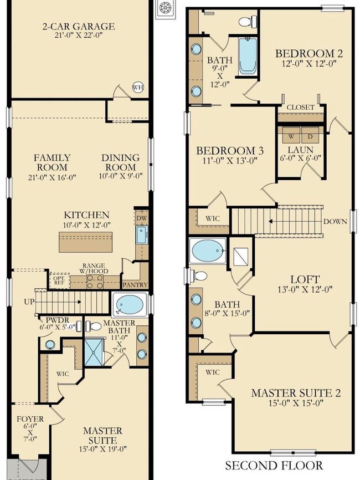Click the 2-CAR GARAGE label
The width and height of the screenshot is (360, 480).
coord(79,26)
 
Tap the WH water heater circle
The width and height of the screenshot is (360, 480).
coord(137,86)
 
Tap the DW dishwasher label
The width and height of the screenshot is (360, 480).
coord(141,218)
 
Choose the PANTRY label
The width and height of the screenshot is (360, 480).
coord(136,285)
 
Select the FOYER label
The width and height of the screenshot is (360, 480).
coord(27,419)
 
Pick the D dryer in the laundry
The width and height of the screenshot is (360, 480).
coord(310,135)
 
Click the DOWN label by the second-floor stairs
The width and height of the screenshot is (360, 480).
coord(336,221)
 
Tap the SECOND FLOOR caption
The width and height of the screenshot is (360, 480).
coord(273,466)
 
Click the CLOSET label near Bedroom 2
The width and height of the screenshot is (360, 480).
coord(300,107)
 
